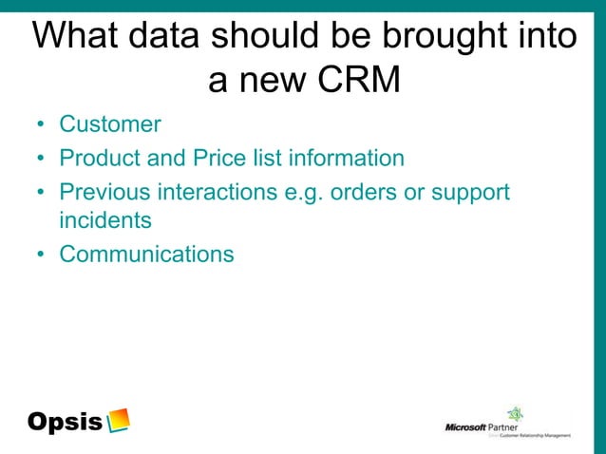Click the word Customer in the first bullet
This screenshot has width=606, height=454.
pyautogui.click(x=110, y=124)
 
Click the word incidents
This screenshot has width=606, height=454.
pyautogui.click(x=104, y=221)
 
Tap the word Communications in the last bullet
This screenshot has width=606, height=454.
pyautogui.click(x=146, y=254)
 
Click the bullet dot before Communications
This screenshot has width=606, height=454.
pyautogui.click(x=42, y=255)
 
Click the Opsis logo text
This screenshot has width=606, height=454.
pyautogui.click(x=65, y=422)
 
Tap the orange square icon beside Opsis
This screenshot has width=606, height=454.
pyautogui.click(x=119, y=420)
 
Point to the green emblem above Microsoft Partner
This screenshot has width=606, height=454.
pyautogui.click(x=516, y=413)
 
